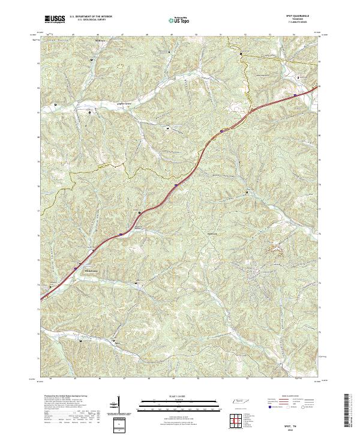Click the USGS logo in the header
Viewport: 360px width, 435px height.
click(55, 20)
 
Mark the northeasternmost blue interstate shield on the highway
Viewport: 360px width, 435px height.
click(295, 95)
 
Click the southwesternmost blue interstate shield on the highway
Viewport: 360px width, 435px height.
click(76, 266)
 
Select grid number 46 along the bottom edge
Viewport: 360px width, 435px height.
click(100, 379)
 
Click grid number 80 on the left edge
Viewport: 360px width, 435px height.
click(40, 137)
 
